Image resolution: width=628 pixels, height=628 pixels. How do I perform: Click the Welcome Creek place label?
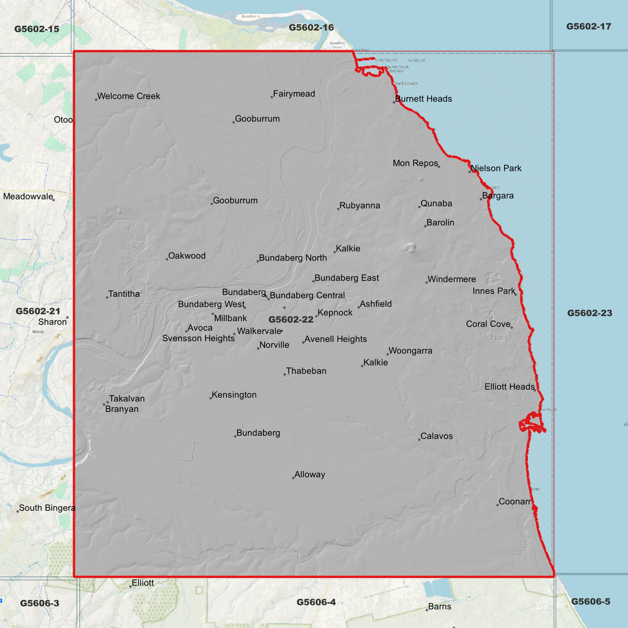point(129,96)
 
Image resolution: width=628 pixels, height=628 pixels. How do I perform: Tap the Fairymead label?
point(294,94)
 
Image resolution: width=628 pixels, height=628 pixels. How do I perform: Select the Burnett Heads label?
point(423,99)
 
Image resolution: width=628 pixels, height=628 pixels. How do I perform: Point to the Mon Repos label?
point(415,163)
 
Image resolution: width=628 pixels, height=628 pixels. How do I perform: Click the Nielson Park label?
point(496,168)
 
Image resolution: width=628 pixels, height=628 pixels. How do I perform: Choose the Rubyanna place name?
point(359,206)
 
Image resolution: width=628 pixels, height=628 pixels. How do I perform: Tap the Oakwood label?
point(187,256)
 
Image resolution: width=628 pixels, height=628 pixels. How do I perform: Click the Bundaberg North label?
point(293,258)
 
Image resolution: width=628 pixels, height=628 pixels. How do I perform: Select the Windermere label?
point(452,279)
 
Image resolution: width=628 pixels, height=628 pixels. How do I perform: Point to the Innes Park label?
point(494,291)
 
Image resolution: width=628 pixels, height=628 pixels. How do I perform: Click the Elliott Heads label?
point(509,386)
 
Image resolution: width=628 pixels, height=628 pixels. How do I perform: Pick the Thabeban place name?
point(306,371)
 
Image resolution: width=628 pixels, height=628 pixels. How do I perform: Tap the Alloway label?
point(309,475)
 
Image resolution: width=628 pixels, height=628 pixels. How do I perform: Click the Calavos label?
point(436,436)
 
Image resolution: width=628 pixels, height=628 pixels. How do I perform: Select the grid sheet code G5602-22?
point(291,320)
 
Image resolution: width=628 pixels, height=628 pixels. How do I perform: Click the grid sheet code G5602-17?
point(588,27)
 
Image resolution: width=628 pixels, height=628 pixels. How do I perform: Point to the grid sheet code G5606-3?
point(40,603)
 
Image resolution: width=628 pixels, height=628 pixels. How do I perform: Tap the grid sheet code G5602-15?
point(37,29)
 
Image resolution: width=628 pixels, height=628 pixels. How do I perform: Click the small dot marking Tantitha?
point(107,297)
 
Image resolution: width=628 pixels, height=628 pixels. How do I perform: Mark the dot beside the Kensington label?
point(211,398)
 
